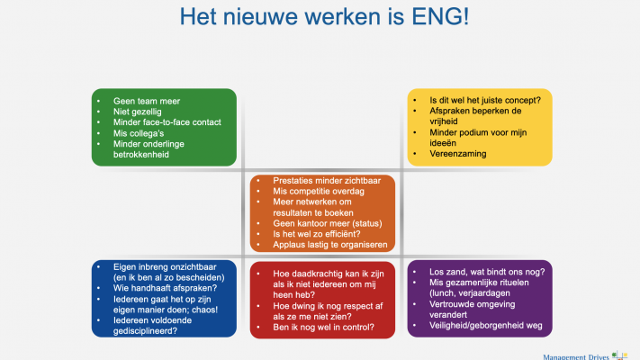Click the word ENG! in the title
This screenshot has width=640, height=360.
coord(440,17)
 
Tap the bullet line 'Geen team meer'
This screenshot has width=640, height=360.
coord(147,101)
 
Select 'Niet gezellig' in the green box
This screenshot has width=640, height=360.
coord(137,112)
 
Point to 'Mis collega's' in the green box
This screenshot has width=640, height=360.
coord(139,133)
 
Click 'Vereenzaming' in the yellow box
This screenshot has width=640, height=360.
coord(457,154)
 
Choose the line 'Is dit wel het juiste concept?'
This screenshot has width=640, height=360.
coord(485,101)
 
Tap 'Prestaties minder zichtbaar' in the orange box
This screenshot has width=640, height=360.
coord(327,181)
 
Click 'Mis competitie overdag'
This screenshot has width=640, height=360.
coord(319,192)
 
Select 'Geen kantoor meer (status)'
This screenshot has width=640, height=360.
coord(328,224)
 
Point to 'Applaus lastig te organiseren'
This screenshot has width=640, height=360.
coord(329,245)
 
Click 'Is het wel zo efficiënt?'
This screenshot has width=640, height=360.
coord(316,234)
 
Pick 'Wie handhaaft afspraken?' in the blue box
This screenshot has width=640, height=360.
coord(165,288)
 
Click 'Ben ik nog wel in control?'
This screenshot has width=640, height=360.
coord(323,328)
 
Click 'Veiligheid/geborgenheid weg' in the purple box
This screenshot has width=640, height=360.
coord(486,326)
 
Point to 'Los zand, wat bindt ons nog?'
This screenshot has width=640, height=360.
coord(487,272)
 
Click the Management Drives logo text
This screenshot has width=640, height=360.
coord(576,357)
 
